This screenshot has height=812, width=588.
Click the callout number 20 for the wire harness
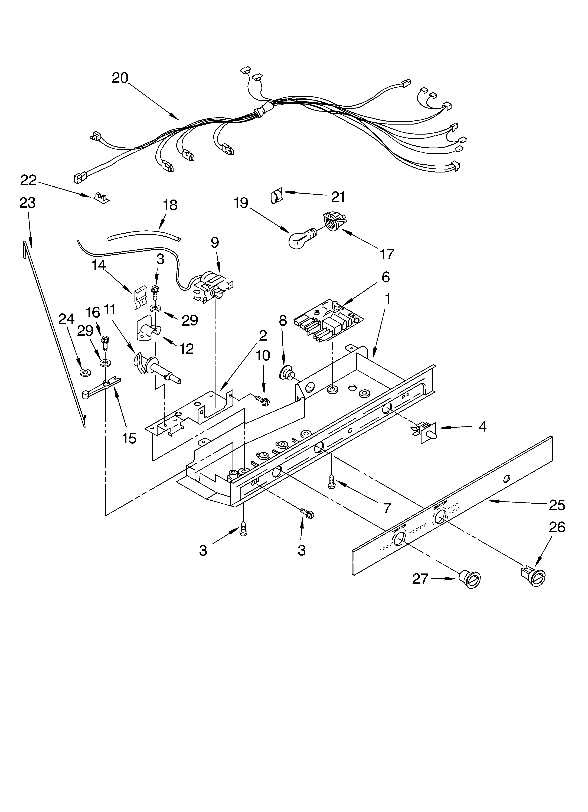120,78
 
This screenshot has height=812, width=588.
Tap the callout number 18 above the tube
170,205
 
